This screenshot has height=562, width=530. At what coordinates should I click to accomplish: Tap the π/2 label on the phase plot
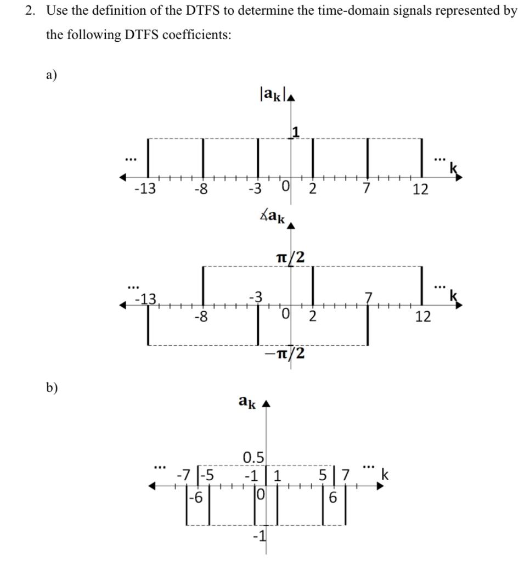(291, 256)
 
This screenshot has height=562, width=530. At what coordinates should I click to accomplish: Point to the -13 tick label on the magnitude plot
(145, 190)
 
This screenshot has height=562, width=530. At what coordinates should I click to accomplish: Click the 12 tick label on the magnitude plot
(421, 190)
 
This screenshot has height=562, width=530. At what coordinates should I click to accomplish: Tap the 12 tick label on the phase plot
(423, 317)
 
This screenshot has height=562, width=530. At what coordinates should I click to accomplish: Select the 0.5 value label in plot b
(253, 457)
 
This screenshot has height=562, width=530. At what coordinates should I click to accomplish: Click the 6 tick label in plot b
(332, 498)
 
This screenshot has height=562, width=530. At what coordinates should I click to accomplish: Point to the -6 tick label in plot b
(195, 498)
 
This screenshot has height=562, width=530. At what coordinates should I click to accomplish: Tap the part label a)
(52, 75)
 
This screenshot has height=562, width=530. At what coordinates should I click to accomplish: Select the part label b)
(52, 387)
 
